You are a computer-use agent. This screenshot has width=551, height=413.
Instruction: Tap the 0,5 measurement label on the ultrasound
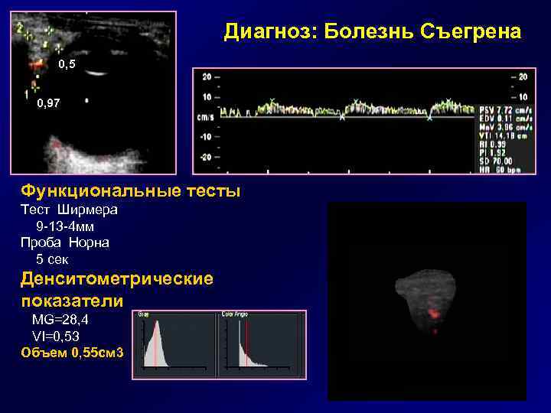(x=67, y=66)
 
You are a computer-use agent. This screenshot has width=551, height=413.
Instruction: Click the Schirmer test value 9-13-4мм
(x=65, y=227)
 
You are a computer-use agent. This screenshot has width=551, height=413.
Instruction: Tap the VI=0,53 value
(x=55, y=336)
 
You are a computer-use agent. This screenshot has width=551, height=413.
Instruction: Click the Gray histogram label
(x=144, y=314)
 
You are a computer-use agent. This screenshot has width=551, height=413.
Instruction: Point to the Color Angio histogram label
(x=234, y=314)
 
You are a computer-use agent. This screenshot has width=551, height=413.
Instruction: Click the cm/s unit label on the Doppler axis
(x=205, y=117)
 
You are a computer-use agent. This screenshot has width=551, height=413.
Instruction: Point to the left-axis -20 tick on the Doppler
(x=206, y=156)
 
